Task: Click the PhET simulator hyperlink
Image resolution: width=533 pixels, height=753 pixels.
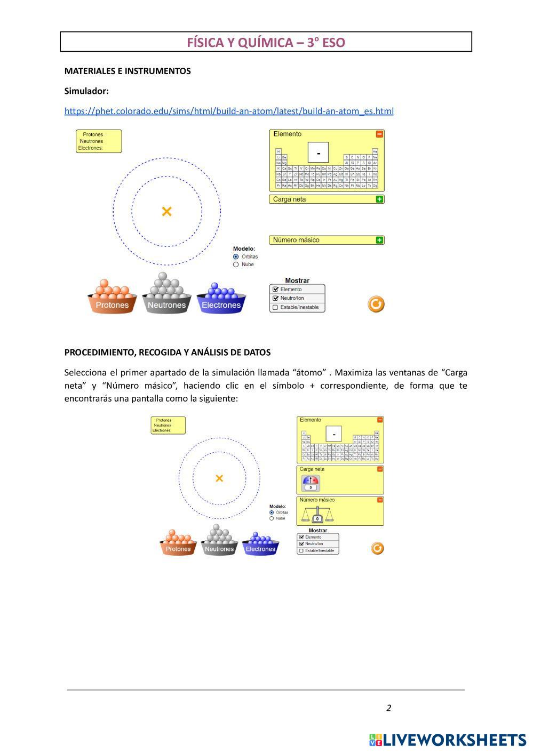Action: [x=229, y=111]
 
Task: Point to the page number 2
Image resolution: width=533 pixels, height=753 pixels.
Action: [x=388, y=708]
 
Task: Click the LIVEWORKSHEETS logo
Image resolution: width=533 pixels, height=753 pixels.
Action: [x=447, y=740]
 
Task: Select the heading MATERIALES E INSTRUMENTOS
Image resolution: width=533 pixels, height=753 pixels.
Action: [x=128, y=71]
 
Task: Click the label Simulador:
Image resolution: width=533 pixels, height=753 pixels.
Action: [x=86, y=91]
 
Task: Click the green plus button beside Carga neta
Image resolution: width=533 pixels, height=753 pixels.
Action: [x=379, y=199]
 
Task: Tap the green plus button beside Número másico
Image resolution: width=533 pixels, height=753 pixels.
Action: [x=379, y=240]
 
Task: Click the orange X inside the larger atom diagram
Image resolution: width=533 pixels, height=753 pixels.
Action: [x=166, y=212]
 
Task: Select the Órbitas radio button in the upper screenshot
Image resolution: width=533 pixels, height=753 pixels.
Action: [x=236, y=257]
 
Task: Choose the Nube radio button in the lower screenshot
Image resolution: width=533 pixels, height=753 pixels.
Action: [x=272, y=518]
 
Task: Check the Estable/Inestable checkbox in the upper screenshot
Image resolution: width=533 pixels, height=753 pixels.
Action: [x=275, y=307]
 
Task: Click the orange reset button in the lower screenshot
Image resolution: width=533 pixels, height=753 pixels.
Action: [x=377, y=548]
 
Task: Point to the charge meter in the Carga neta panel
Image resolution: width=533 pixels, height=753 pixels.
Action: [x=311, y=483]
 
